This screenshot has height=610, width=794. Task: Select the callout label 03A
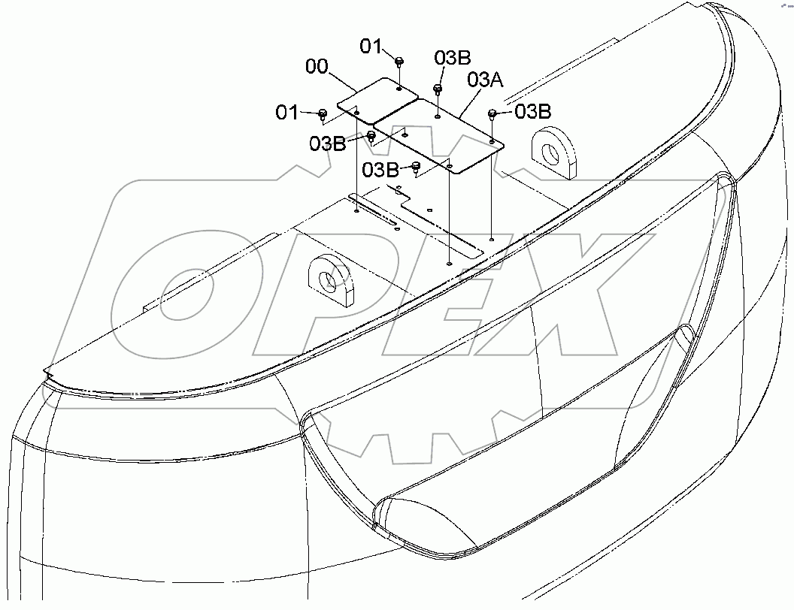(485, 80)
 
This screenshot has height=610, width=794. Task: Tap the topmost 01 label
(371, 47)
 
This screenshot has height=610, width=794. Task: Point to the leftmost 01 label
(287, 113)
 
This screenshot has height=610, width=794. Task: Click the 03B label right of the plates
(532, 112)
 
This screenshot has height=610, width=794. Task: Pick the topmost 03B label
(453, 59)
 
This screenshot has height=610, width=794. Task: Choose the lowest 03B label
(380, 170)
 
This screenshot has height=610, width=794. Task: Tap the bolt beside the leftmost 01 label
(323, 114)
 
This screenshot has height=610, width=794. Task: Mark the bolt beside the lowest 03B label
(415, 167)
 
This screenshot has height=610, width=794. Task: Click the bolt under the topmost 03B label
(437, 89)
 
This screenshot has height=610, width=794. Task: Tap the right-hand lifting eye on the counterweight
(553, 153)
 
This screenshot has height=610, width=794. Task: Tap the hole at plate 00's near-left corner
(358, 113)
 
